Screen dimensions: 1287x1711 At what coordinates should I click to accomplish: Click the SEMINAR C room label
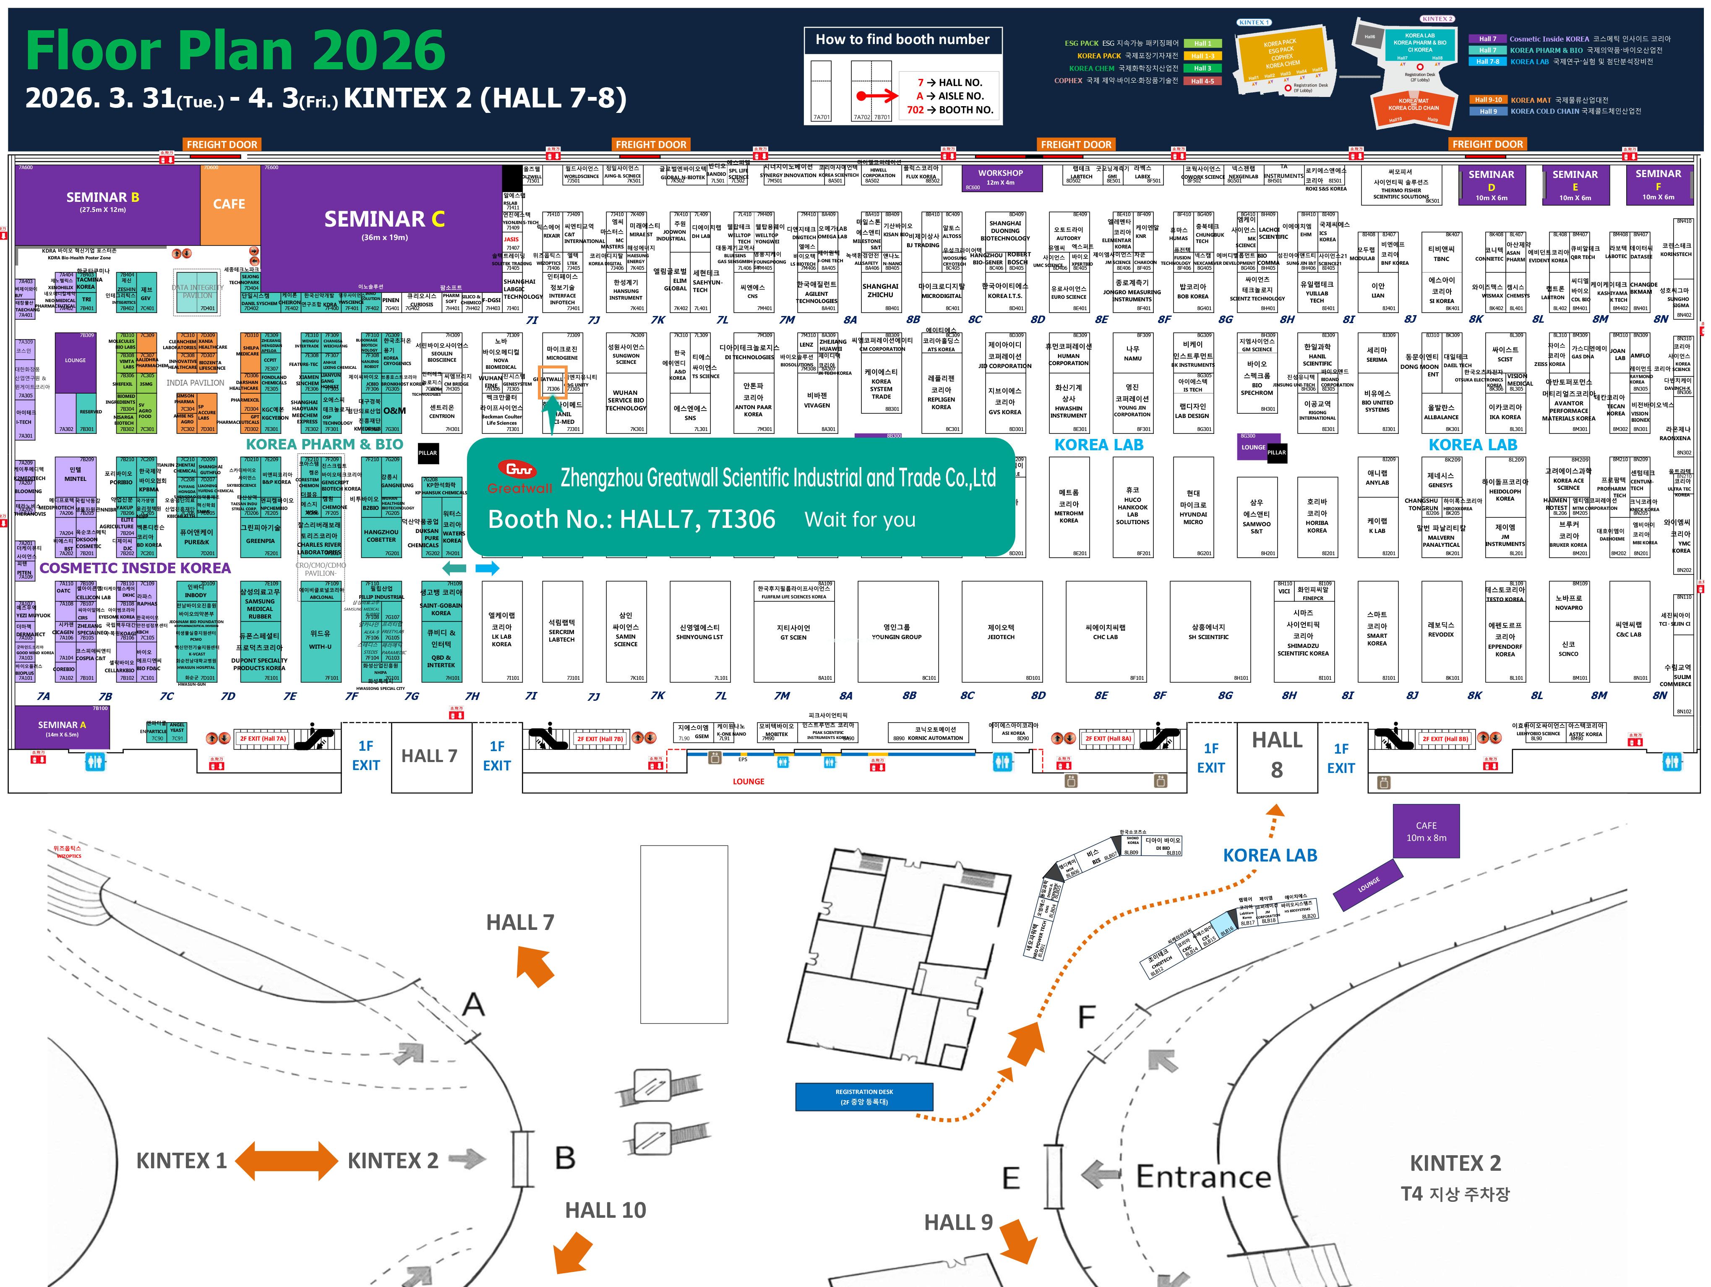pyautogui.click(x=384, y=220)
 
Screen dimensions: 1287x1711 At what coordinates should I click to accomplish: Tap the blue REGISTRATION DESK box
pyautogui.click(x=864, y=1096)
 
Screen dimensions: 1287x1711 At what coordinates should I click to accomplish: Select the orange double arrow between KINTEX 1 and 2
pyautogui.click(x=286, y=1160)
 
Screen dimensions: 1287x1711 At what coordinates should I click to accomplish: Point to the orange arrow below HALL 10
pyautogui.click(x=573, y=1251)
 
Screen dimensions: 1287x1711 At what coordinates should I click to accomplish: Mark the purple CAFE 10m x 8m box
pyautogui.click(x=1427, y=831)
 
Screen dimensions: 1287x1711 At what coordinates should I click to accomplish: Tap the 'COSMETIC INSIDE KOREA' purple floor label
pyautogui.click(x=136, y=568)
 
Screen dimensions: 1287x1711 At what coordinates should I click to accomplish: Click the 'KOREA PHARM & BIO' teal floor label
pyautogui.click(x=324, y=444)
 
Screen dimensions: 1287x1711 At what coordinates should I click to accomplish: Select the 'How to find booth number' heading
pyautogui.click(x=902, y=39)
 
